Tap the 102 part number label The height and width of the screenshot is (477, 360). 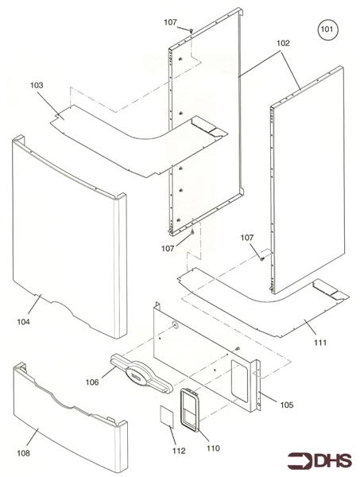pos(283,44)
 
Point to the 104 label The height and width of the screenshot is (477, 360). pos(25,322)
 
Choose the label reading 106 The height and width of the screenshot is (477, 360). pos(92,382)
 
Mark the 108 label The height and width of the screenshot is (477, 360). pos(25,453)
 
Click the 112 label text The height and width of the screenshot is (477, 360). pos(178,451)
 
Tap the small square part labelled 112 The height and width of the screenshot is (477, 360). pos(168,417)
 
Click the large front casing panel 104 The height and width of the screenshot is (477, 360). pos(72,238)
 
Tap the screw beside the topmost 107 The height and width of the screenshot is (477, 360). pos(192,29)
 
